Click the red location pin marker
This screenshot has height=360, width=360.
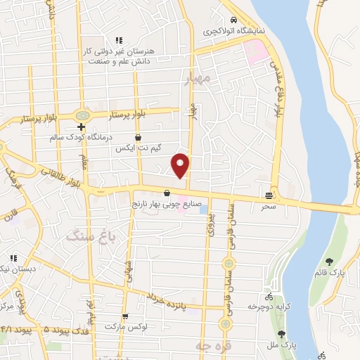click(x=181, y=165)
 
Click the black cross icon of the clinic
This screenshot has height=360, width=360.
click(x=82, y=127)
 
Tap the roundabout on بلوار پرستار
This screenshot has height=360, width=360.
click(x=84, y=113)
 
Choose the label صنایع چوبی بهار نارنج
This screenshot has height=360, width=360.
click(x=167, y=204)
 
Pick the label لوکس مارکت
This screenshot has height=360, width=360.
click(x=124, y=328)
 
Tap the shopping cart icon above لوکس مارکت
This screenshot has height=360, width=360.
click(x=125, y=317)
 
